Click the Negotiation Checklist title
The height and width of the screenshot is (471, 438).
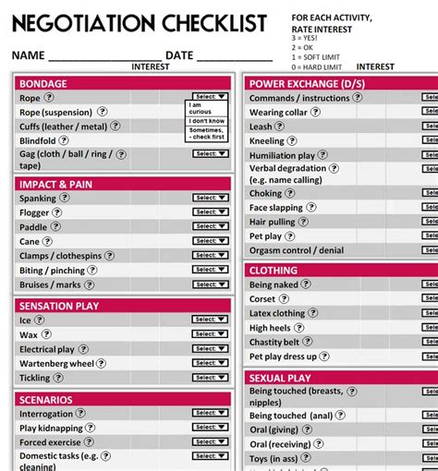point(139,23)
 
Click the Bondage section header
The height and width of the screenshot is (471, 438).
point(43,83)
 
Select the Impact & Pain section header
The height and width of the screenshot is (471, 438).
point(56,184)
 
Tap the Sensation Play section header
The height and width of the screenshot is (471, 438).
point(59,306)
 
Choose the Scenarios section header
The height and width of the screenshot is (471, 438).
point(45,400)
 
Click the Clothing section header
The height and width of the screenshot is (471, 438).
point(274,271)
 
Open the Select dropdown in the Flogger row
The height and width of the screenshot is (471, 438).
point(210,212)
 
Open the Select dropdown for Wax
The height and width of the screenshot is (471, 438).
point(210,334)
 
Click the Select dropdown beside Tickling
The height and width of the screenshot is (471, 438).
point(210,378)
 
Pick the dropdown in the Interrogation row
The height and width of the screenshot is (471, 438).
point(210,414)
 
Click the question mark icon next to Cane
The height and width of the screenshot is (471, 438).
point(50,242)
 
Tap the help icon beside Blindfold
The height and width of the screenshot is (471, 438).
point(65,140)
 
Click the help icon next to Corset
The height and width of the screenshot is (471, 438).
point(285,299)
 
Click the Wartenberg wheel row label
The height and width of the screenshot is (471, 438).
point(56,364)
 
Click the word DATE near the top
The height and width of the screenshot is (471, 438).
point(179,55)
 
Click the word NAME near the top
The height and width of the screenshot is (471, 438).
point(28,55)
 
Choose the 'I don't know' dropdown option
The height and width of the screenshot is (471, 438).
point(206,121)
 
